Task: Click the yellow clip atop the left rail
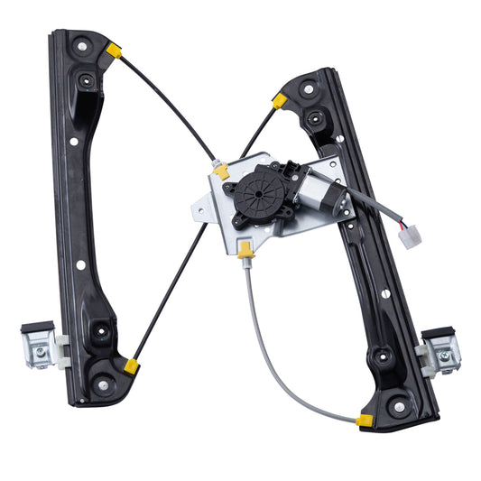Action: [x=114, y=51]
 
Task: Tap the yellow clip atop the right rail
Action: [x=280, y=101]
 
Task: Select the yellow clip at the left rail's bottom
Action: [x=131, y=365]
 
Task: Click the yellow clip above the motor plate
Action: [x=221, y=170]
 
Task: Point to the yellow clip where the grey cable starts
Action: [x=246, y=250]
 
